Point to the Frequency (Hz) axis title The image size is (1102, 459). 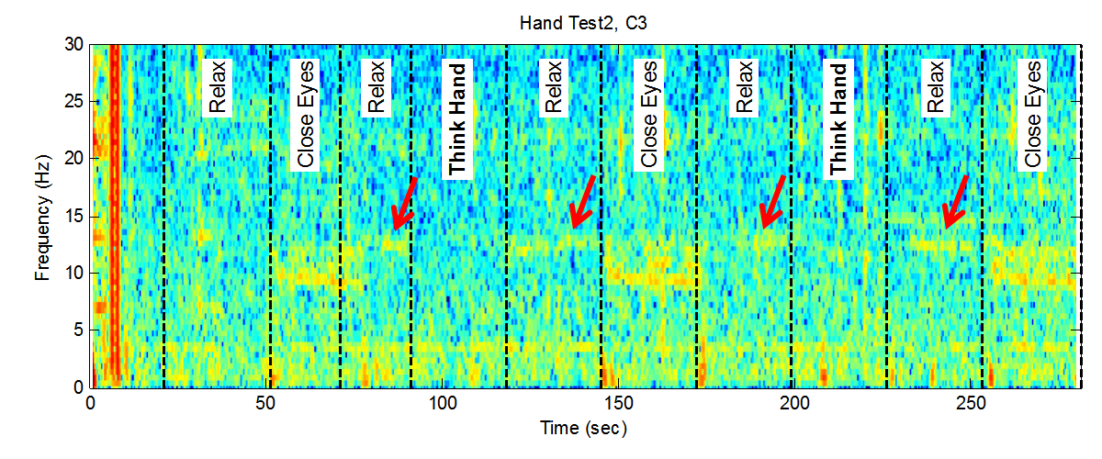42,216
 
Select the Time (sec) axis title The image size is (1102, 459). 587,428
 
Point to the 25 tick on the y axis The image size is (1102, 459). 74,102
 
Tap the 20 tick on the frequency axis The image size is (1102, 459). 74,159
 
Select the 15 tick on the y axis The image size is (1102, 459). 74,217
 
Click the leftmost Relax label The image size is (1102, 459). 217,88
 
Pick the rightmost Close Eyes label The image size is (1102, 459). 1034,116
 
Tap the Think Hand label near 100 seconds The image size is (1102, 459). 456,118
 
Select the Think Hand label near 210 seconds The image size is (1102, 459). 838,118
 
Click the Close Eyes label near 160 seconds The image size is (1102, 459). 649,116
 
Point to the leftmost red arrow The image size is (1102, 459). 405,204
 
